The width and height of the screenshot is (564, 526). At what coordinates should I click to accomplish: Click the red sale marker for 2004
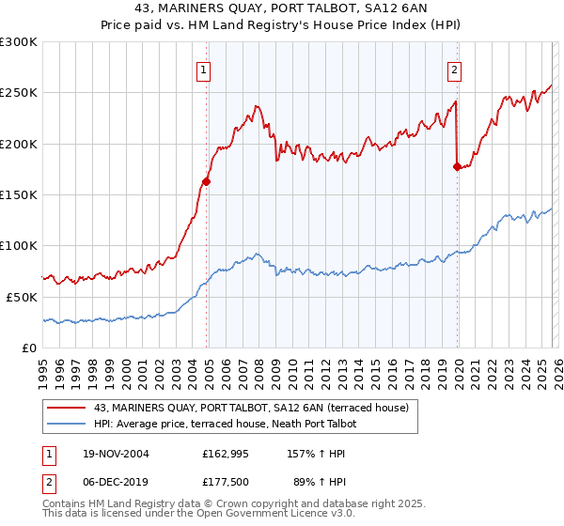click(x=206, y=181)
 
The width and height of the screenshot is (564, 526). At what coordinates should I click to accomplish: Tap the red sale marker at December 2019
click(x=457, y=167)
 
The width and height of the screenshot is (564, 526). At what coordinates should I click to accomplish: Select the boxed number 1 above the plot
click(x=204, y=69)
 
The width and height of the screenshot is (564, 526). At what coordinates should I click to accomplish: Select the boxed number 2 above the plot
click(x=455, y=69)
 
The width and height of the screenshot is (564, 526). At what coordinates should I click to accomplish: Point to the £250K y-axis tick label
click(x=19, y=93)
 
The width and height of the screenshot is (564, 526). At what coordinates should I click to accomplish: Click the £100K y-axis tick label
click(x=19, y=245)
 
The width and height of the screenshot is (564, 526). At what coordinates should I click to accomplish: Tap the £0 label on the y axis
click(x=28, y=348)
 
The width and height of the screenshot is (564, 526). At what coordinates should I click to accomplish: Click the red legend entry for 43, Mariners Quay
click(x=251, y=409)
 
